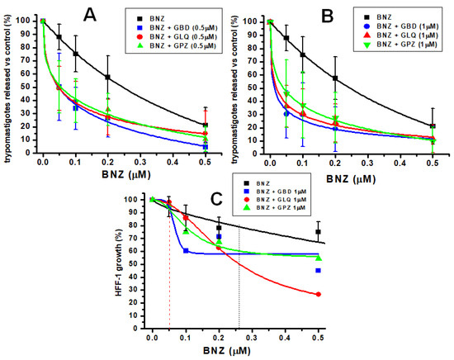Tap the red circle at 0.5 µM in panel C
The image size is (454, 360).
(x=318, y=295)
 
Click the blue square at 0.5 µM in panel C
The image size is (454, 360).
(x=318, y=270)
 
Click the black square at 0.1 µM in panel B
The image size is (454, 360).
(x=303, y=55)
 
